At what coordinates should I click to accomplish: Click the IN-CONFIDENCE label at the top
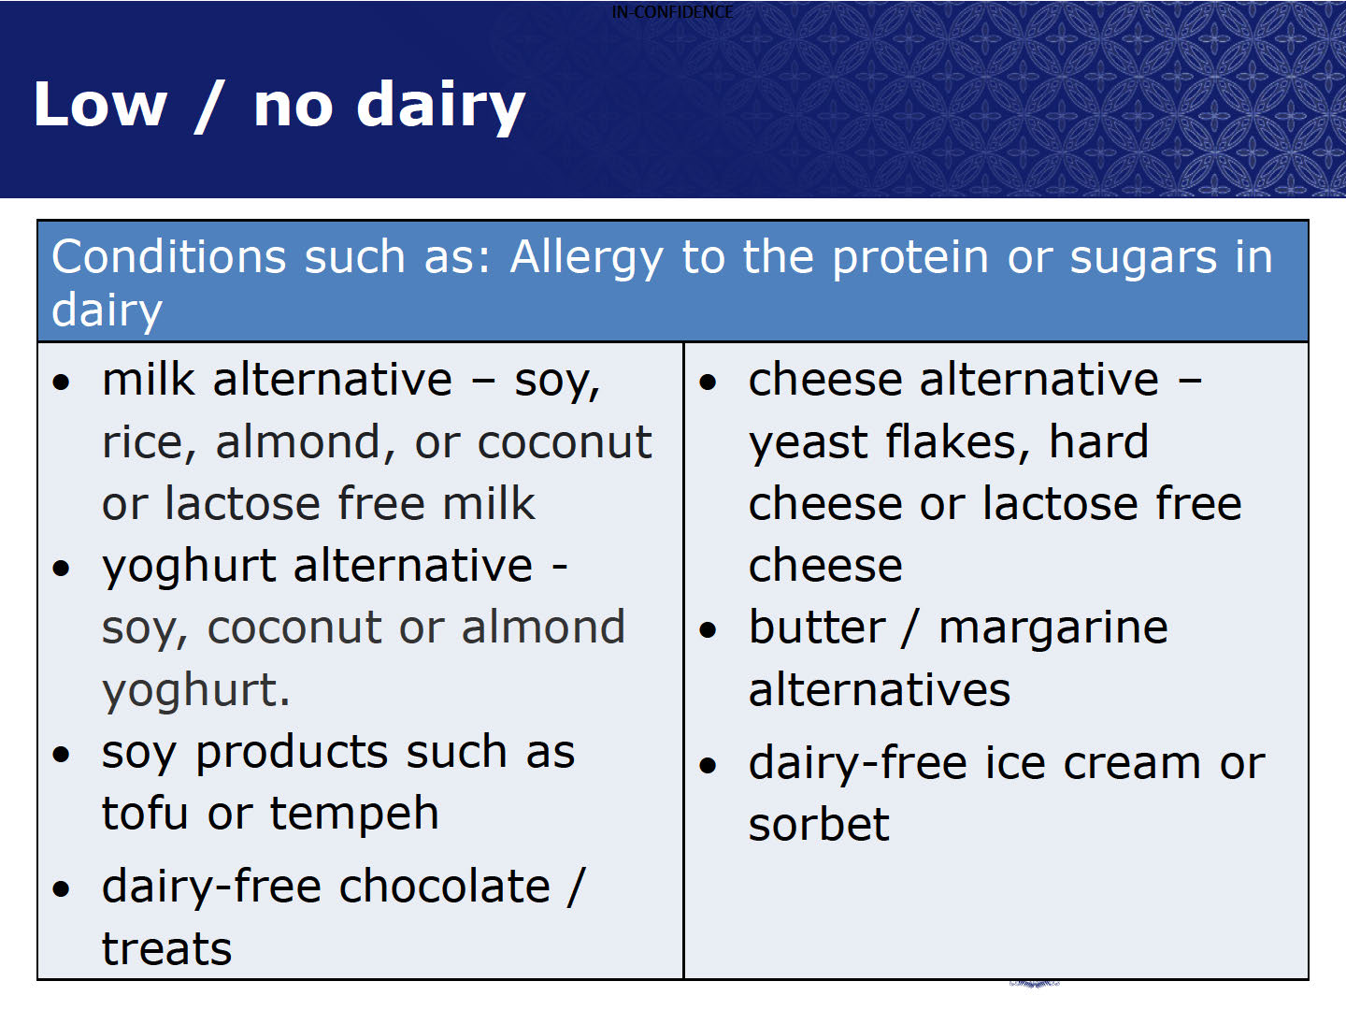(672, 11)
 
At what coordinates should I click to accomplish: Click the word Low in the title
(101, 105)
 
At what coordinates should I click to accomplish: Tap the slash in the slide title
(209, 107)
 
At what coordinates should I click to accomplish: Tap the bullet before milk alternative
(62, 382)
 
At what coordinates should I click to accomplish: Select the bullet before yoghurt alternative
(62, 568)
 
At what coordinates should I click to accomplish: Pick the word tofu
(145, 814)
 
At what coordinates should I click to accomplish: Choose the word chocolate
(445, 887)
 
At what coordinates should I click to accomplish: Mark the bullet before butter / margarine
(708, 630)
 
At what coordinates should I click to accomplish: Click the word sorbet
(819, 824)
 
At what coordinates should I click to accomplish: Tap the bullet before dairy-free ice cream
(708, 766)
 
